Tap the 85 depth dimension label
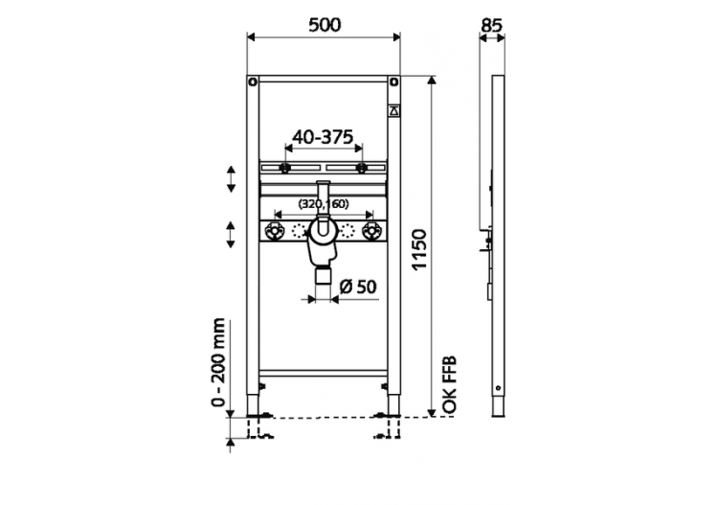pyautogui.click(x=493, y=25)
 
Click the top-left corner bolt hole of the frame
pyautogui.click(x=252, y=80)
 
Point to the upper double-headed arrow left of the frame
pyautogui.click(x=232, y=178)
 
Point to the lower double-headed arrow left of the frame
pyautogui.click(x=232, y=234)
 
